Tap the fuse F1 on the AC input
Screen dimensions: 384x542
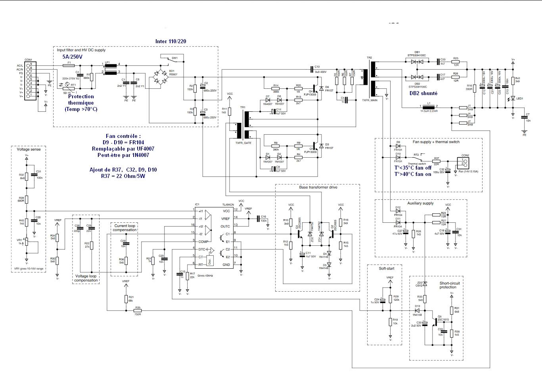point(69,65)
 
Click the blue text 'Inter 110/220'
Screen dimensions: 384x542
point(170,41)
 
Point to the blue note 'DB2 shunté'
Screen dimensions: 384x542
point(423,93)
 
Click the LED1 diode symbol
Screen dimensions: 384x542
point(513,98)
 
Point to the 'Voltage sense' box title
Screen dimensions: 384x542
point(29,149)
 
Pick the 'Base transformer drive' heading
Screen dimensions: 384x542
point(318,187)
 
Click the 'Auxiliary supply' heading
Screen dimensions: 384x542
point(420,203)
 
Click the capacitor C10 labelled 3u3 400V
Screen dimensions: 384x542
point(311,69)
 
